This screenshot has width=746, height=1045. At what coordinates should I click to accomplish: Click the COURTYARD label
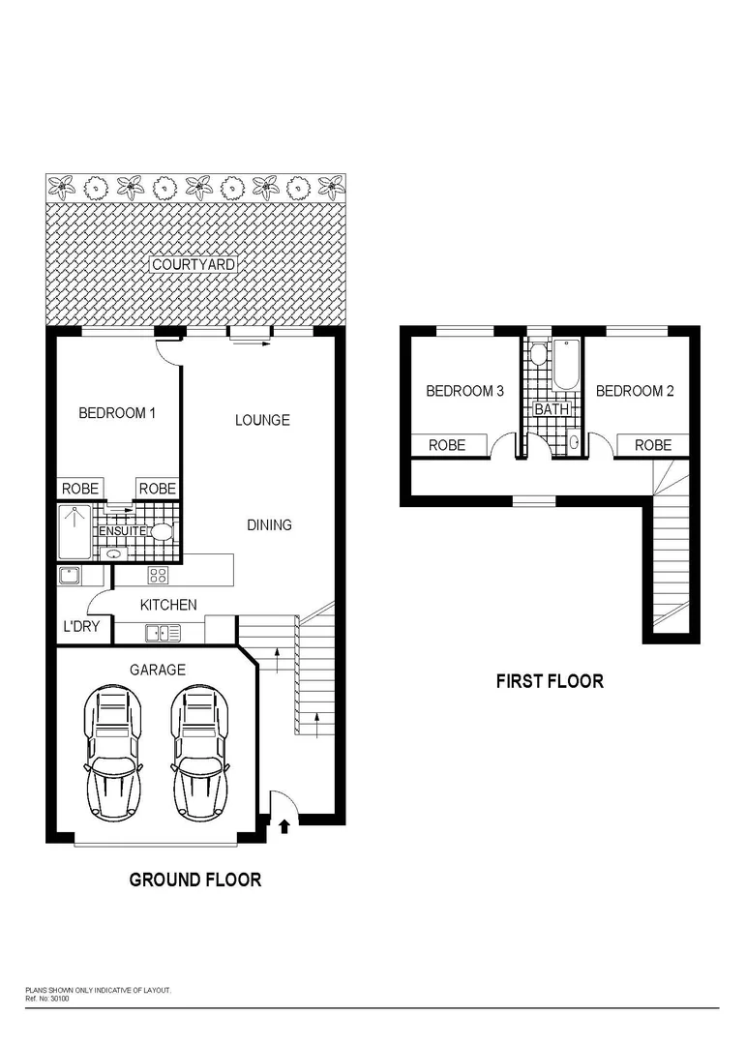[x=194, y=264]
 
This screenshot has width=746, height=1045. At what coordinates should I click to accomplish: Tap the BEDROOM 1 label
[x=117, y=413]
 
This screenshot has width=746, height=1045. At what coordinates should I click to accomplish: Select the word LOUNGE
[x=262, y=420]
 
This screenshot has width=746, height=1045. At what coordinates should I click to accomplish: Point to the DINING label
[x=269, y=525]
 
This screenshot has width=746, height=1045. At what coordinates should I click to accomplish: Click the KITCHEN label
[x=168, y=605]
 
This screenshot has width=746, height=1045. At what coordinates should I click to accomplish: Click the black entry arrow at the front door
[x=284, y=825]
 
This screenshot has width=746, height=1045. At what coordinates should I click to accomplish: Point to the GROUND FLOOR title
[x=195, y=880]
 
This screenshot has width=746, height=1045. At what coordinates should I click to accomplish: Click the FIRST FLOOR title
[x=550, y=681]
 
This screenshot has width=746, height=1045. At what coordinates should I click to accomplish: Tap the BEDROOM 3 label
[x=465, y=392]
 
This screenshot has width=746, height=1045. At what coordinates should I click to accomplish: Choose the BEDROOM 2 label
[x=635, y=392]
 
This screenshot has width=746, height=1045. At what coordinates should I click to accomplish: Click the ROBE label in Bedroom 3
[x=447, y=445]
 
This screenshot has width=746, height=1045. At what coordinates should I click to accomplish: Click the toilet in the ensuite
[x=162, y=531]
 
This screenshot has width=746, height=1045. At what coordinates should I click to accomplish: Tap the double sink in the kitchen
[x=163, y=634]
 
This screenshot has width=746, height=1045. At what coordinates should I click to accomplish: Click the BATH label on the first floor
[x=552, y=409]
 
